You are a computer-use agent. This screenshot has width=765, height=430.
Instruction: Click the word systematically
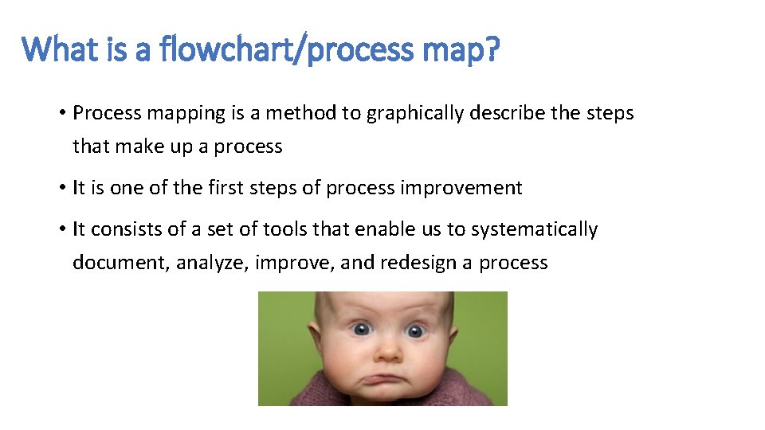534,229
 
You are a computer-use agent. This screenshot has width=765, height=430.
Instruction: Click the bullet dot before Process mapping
61,113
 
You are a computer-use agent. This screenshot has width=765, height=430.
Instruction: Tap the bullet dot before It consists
61,229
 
